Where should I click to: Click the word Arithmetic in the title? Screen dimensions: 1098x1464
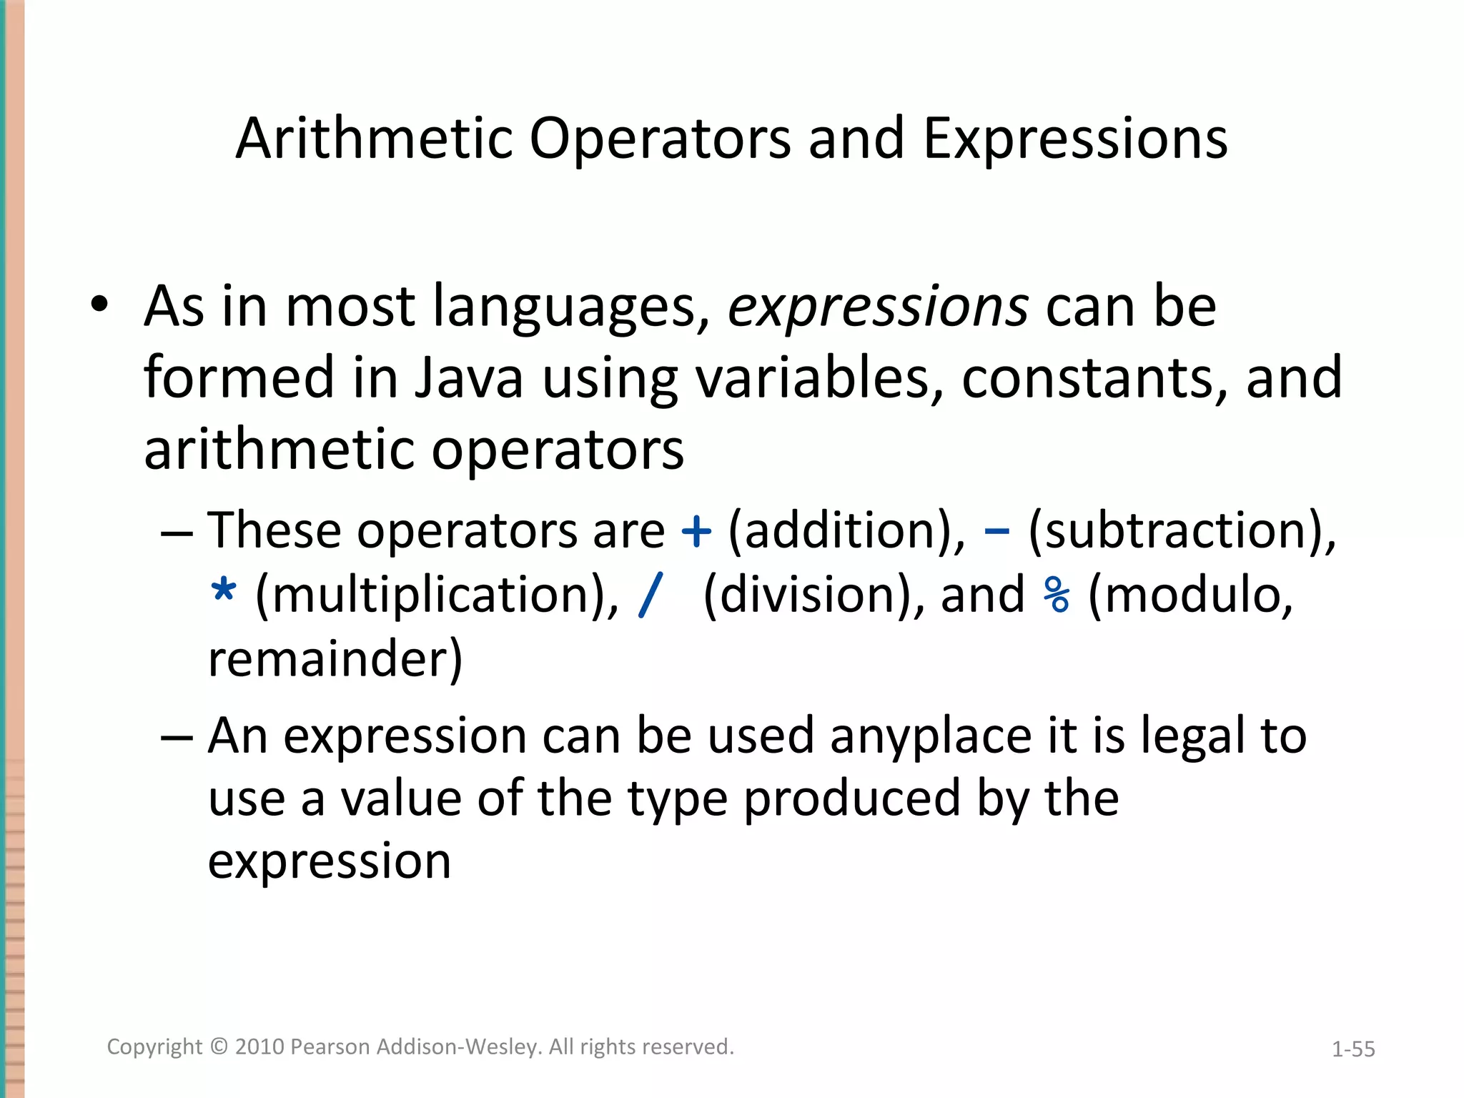(x=374, y=138)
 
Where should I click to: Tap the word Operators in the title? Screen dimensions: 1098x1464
(x=660, y=138)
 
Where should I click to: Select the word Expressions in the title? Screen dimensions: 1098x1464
(x=1074, y=138)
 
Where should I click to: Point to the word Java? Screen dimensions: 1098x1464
(x=469, y=378)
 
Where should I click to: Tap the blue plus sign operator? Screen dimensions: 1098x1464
(x=696, y=532)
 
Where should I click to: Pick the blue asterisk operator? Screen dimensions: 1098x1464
(x=224, y=593)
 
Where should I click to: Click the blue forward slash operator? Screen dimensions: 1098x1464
(x=651, y=595)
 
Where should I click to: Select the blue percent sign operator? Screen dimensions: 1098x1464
(x=1056, y=595)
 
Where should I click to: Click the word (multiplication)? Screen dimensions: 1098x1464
(x=437, y=595)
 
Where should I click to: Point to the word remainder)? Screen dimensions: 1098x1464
(x=335, y=658)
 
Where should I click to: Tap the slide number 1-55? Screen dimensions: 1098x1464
(x=1352, y=1049)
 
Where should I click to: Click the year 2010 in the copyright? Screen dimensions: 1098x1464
(x=259, y=1047)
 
